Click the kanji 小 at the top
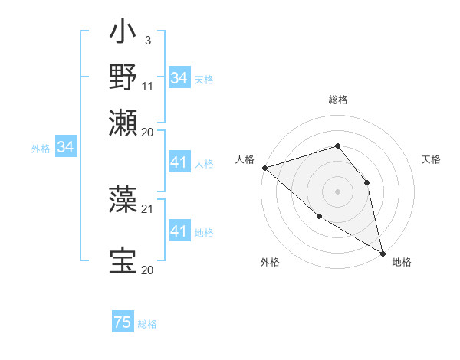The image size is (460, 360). tap(123, 35)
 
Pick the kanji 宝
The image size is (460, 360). tap(123, 260)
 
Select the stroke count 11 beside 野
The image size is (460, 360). tap(148, 87)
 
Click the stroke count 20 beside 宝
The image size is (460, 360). tap(147, 270)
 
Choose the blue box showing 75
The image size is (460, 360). tap(123, 322)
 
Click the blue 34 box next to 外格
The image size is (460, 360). tap(65, 147)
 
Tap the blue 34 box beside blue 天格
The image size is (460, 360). tap(179, 78)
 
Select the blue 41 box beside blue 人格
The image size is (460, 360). tap(179, 162)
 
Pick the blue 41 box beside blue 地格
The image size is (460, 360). tap(179, 231)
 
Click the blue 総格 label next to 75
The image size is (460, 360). tap(147, 324)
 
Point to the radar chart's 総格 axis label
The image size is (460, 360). tap(338, 100)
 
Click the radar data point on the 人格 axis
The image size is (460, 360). tap(264, 167)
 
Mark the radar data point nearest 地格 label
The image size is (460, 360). tap(383, 252)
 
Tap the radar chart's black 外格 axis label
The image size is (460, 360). tap(270, 263)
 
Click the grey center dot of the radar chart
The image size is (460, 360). tap(337, 191)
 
